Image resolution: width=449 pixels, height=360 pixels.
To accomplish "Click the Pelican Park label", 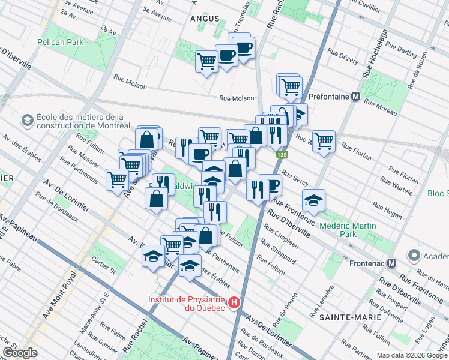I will (60, 42).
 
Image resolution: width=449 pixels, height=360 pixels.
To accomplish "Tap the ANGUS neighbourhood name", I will (205, 19).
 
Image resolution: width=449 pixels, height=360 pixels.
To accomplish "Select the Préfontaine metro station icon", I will (356, 96).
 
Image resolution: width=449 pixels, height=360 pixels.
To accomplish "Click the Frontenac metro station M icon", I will (391, 262).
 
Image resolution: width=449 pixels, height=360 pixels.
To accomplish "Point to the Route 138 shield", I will (280, 155).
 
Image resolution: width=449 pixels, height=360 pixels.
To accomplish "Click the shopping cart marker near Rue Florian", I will (324, 142).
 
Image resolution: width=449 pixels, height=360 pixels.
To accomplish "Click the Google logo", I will (19, 353).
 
